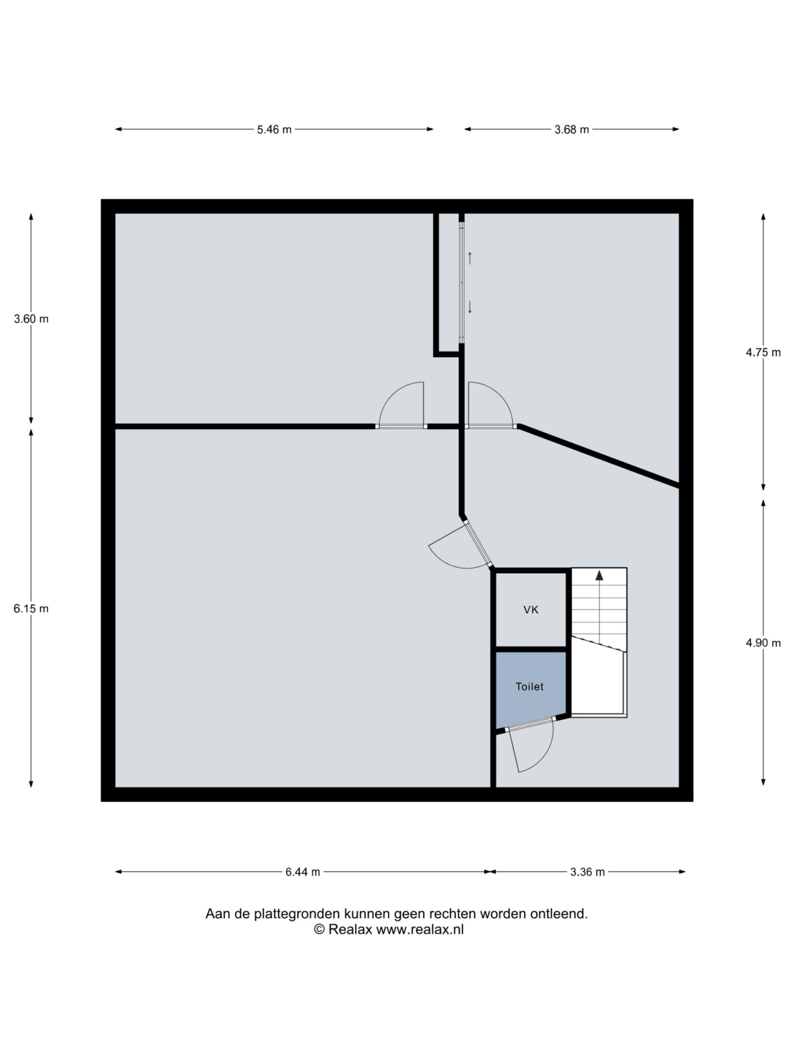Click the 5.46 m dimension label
click(x=274, y=129)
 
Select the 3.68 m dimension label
click(x=572, y=129)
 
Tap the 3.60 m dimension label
click(x=31, y=319)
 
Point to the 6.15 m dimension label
click(x=31, y=609)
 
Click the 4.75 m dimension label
click(x=763, y=353)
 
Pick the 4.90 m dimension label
click(x=763, y=643)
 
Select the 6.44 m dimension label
click(x=302, y=872)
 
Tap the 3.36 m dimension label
click(x=587, y=872)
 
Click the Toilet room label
click(x=529, y=687)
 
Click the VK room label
click(x=531, y=610)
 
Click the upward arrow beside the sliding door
click(x=470, y=258)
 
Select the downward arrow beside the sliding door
click(x=470, y=307)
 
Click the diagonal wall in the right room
click(x=599, y=456)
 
